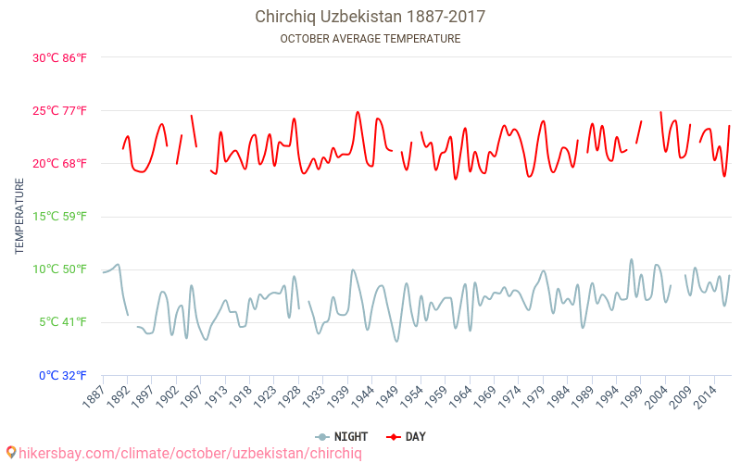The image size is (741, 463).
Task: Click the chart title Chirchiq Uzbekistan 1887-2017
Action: pos(370,17)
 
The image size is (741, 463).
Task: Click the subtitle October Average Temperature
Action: pos(370,39)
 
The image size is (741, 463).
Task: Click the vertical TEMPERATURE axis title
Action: pos(19,217)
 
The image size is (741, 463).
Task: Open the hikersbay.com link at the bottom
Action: pos(190,453)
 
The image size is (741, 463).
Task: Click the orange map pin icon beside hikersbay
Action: pos(11,453)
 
